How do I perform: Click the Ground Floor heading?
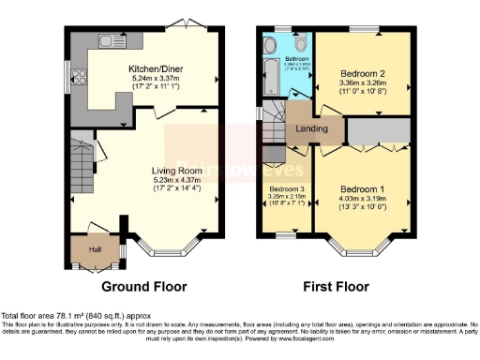[x=143, y=287]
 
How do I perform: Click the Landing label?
[x=312, y=129]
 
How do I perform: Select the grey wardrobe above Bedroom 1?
[x=378, y=131]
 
